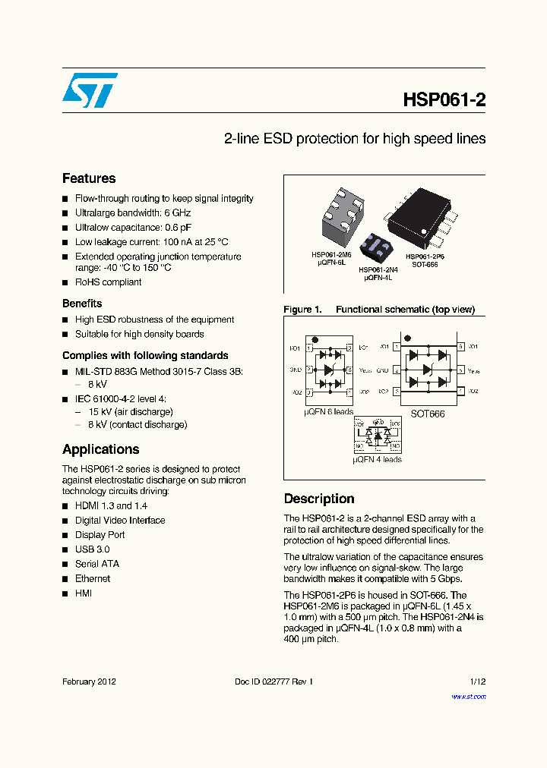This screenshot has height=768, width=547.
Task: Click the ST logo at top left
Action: tap(90, 90)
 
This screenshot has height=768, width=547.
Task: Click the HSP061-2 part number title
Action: tap(444, 100)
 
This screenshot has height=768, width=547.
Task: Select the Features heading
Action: tap(89, 178)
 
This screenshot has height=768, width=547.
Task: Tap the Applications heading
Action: tap(100, 449)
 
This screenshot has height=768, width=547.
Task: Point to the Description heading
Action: tap(319, 499)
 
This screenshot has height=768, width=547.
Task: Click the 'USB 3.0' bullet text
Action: tap(92, 549)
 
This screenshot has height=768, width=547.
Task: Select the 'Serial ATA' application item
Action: tap(97, 564)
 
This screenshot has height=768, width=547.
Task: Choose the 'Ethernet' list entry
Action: tap(93, 578)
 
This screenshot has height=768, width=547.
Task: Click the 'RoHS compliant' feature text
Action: tap(108, 282)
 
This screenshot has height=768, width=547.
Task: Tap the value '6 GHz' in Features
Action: tap(177, 213)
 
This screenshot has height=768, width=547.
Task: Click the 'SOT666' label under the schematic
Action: tap(427, 414)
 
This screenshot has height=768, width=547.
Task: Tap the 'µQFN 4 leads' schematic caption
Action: tap(377, 460)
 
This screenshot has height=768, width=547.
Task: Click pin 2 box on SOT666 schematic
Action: tap(395, 370)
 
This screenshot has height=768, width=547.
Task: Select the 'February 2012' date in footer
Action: tap(89, 682)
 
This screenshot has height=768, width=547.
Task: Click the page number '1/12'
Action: tap(477, 682)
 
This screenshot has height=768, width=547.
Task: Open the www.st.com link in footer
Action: tap(469, 697)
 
